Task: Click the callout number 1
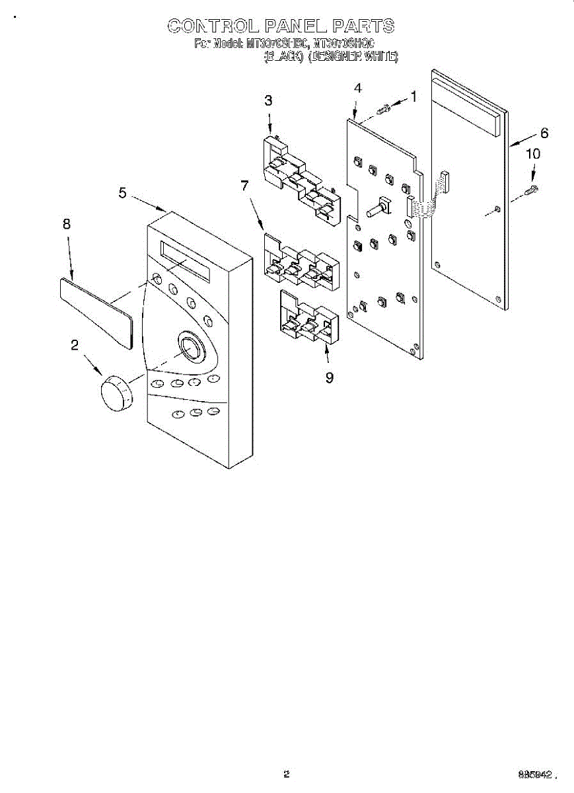pyautogui.click(x=413, y=96)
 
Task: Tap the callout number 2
pyautogui.click(x=75, y=344)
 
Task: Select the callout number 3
pyautogui.click(x=268, y=100)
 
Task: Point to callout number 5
pyautogui.click(x=123, y=192)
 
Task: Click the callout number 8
pyautogui.click(x=66, y=224)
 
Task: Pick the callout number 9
pyautogui.click(x=329, y=377)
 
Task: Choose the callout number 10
pyautogui.click(x=532, y=154)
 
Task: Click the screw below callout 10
pyautogui.click(x=530, y=191)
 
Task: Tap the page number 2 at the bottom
pyautogui.click(x=286, y=774)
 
